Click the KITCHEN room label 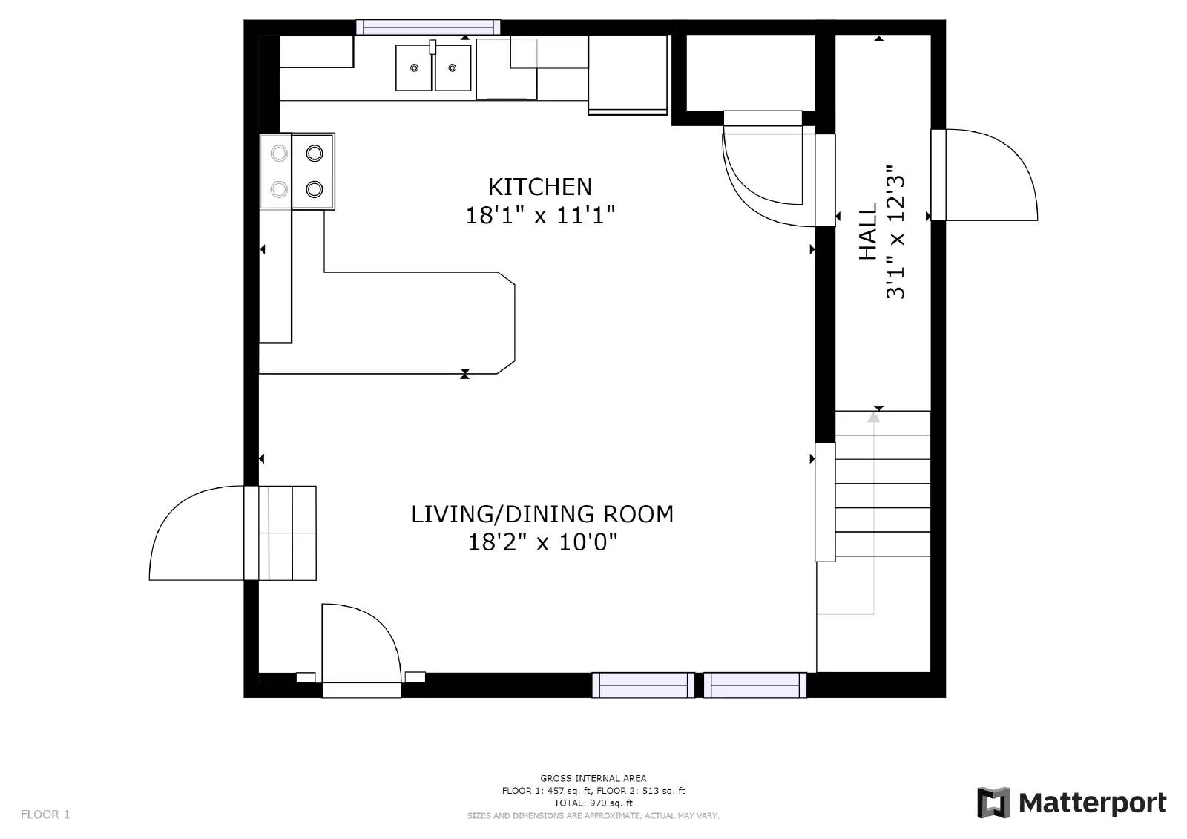click(x=539, y=187)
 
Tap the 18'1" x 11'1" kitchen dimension click(x=540, y=216)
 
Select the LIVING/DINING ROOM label click(x=542, y=514)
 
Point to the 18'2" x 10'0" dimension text click(x=542, y=542)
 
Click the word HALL click(x=867, y=232)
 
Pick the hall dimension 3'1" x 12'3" click(x=895, y=232)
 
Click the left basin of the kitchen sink click(x=414, y=68)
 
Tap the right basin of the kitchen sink click(x=453, y=68)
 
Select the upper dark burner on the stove click(x=315, y=154)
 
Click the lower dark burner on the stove click(x=315, y=189)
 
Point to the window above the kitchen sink click(x=427, y=27)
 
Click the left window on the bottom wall click(x=642, y=685)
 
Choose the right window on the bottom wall click(x=755, y=685)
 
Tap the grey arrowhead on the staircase click(x=873, y=418)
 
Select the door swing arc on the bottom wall click(x=381, y=623)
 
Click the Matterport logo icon click(x=993, y=803)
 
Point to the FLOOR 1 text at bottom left click(x=45, y=815)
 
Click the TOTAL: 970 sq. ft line click(x=593, y=803)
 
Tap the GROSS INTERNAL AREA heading click(x=593, y=778)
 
